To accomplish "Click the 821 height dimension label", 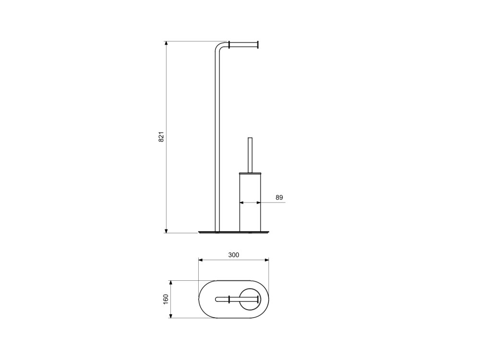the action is coord(161,136).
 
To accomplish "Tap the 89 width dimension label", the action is coord(279,197).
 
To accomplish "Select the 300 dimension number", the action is coord(234,255).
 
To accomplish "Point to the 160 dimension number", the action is coord(166,299).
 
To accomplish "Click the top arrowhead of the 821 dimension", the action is coord(166,44).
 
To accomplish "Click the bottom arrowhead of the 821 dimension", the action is coord(166,230).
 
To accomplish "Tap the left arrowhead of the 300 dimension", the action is coord(202,260).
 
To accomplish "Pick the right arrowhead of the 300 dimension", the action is coord(266,260).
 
